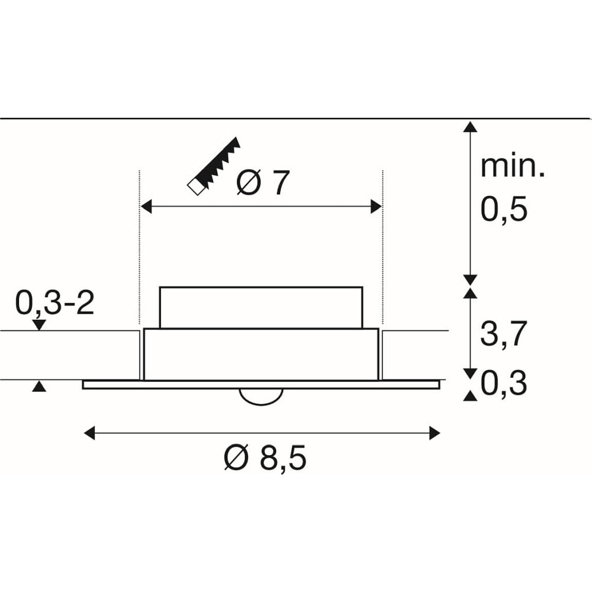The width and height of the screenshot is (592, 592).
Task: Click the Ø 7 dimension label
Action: coord(263,183)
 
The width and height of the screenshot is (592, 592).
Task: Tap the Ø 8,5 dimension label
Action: coord(265,458)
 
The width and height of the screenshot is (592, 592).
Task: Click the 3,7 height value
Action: coord(503,334)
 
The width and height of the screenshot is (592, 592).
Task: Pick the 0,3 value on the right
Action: coord(504,383)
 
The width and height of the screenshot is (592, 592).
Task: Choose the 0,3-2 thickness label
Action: coord(54,303)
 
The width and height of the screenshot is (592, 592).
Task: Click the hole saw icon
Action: coord(214,166)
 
